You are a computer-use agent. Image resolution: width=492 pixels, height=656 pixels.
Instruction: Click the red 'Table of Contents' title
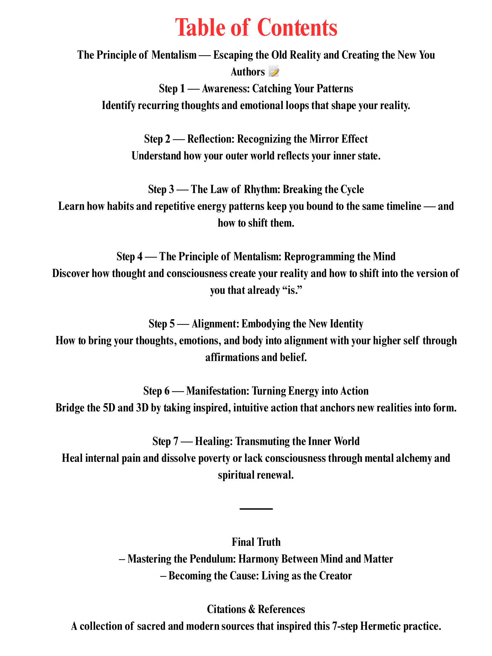coord(256,28)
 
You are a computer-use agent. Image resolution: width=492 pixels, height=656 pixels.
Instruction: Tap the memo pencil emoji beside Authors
coord(273,72)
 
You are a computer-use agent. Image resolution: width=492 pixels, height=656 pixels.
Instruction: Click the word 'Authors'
coord(248,72)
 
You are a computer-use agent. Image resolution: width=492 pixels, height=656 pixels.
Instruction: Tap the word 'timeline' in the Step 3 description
coord(404,206)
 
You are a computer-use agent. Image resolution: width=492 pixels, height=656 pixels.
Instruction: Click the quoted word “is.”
coord(293,290)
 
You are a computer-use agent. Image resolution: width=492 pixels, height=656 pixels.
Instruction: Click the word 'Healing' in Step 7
coord(214,442)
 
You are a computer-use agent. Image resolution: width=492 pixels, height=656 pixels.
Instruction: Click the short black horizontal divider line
coord(256,509)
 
